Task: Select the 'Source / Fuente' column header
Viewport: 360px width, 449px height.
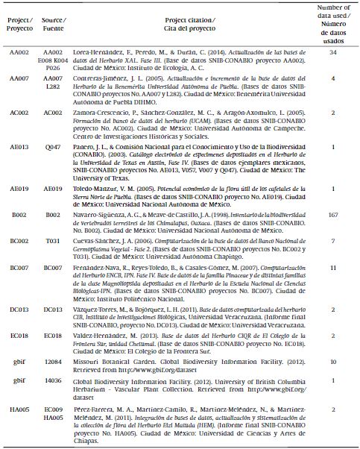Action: tap(53, 23)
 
